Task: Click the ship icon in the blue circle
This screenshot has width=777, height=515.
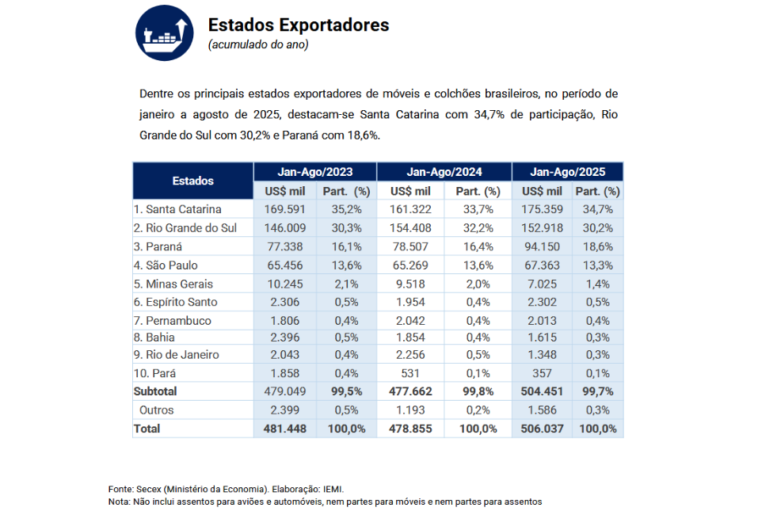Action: pyautogui.click(x=166, y=32)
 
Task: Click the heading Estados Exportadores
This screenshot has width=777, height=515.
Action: pyautogui.click(x=298, y=25)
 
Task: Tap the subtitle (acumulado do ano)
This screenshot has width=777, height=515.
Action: pyautogui.click(x=258, y=44)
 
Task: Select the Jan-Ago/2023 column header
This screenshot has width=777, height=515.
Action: pyautogui.click(x=315, y=171)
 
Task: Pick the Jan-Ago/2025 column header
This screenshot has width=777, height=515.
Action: pyautogui.click(x=568, y=171)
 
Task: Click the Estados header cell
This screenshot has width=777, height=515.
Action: pyautogui.click(x=193, y=181)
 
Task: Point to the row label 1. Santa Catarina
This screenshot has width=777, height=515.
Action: pyautogui.click(x=177, y=209)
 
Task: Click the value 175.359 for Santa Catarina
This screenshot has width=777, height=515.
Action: pyautogui.click(x=543, y=209)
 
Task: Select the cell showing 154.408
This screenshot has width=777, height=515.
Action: pyautogui.click(x=410, y=228)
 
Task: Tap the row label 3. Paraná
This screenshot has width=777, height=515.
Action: pyautogui.click(x=158, y=246)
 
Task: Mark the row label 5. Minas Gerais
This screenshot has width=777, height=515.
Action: pyautogui.click(x=173, y=284)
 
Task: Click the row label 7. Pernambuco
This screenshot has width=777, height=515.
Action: pyautogui.click(x=172, y=321)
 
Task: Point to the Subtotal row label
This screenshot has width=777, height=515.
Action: pyautogui.click(x=155, y=391)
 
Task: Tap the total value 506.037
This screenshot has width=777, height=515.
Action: pyautogui.click(x=543, y=429)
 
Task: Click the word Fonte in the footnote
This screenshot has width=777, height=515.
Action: pyautogui.click(x=120, y=489)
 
